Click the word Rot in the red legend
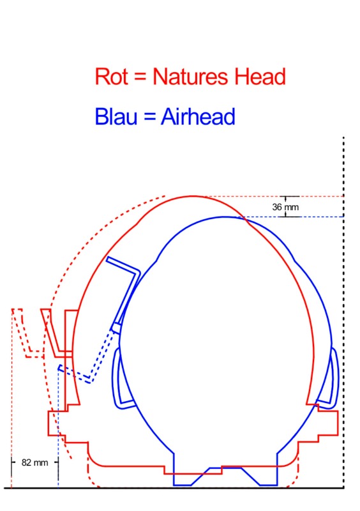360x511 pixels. [x=111, y=77]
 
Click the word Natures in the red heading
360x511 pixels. [x=190, y=77]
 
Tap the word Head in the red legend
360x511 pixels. [x=260, y=77]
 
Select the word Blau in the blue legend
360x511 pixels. [x=116, y=117]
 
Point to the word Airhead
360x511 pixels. [x=198, y=117]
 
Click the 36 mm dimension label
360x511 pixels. [x=285, y=207]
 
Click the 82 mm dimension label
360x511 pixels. [x=34, y=462]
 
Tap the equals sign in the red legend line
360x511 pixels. [x=140, y=77]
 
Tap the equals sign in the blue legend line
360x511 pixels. [x=149, y=116]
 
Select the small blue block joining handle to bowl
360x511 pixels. [x=116, y=327]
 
